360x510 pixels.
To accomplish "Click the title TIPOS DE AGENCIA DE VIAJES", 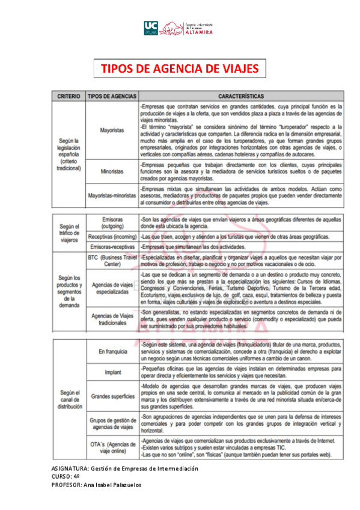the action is coord(179,69).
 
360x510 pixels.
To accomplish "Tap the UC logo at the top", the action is coord(151,27).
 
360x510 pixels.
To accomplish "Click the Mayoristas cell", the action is coord(112,130).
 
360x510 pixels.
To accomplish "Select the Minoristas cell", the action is coord(112,171).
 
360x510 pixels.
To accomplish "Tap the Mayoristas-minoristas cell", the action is coord(112,195).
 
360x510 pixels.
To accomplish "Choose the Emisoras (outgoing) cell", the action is coord(112,223).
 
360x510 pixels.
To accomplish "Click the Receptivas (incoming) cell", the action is coord(112,236).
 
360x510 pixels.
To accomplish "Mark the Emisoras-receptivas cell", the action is coord(112,247).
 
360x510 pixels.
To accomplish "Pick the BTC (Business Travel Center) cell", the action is coord(112,260).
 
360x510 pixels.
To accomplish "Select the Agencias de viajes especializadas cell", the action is coord(112,287).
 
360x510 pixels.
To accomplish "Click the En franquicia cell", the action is coord(112,350).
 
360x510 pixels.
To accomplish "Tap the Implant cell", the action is coord(112,372).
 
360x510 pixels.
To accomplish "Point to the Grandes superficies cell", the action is coord(112,396).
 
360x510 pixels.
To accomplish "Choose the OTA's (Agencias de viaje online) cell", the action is coord(112,447).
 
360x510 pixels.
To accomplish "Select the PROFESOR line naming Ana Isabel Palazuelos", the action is coord(96,485).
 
